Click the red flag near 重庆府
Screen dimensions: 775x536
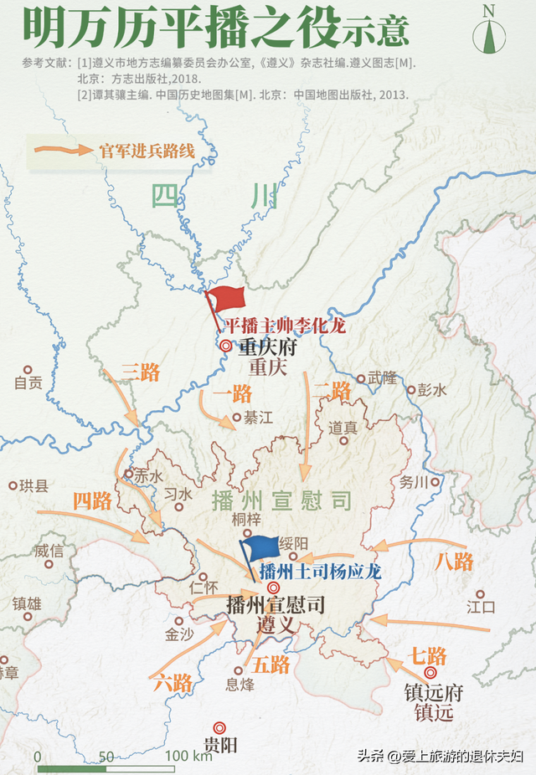click(x=226, y=300)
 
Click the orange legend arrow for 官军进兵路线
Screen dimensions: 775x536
click(x=64, y=151)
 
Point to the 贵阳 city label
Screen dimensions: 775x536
click(x=220, y=744)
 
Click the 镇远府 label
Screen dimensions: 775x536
click(x=433, y=694)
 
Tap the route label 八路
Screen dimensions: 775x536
click(x=455, y=562)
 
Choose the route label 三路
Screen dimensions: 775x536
click(x=140, y=372)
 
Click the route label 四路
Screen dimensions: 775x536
click(x=92, y=501)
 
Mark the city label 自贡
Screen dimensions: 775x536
click(x=28, y=384)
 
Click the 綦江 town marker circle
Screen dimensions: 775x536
click(x=237, y=417)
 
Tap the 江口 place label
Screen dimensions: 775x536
click(x=482, y=606)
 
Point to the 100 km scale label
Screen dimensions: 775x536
click(x=188, y=757)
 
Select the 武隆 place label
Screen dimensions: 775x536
click(x=383, y=377)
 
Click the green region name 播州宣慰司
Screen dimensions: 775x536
click(x=281, y=501)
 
